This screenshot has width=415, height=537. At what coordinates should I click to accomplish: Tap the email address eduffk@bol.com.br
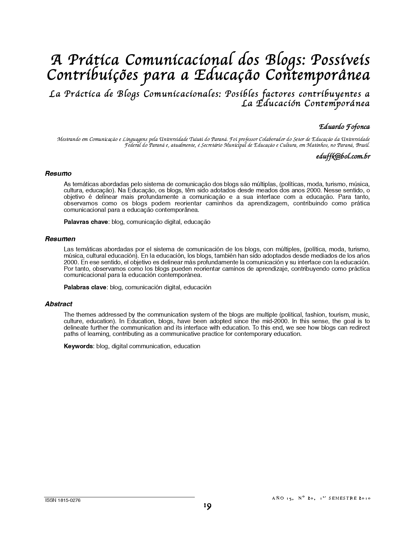pos(343,156)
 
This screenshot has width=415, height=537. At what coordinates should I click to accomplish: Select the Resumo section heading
pos(58,173)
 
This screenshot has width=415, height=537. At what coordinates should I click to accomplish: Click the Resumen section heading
pos(60,239)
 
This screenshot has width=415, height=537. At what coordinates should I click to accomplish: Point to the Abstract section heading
pos(59,304)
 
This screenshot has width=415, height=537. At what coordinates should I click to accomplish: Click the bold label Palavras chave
pos(86,222)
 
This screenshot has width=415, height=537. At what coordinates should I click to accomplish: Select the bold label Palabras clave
pos(85,287)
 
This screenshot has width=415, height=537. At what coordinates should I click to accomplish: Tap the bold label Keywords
pos(78,346)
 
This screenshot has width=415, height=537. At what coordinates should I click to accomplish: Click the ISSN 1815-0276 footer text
pos(62,501)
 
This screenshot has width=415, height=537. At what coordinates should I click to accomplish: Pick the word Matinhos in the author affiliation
pos(316,145)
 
